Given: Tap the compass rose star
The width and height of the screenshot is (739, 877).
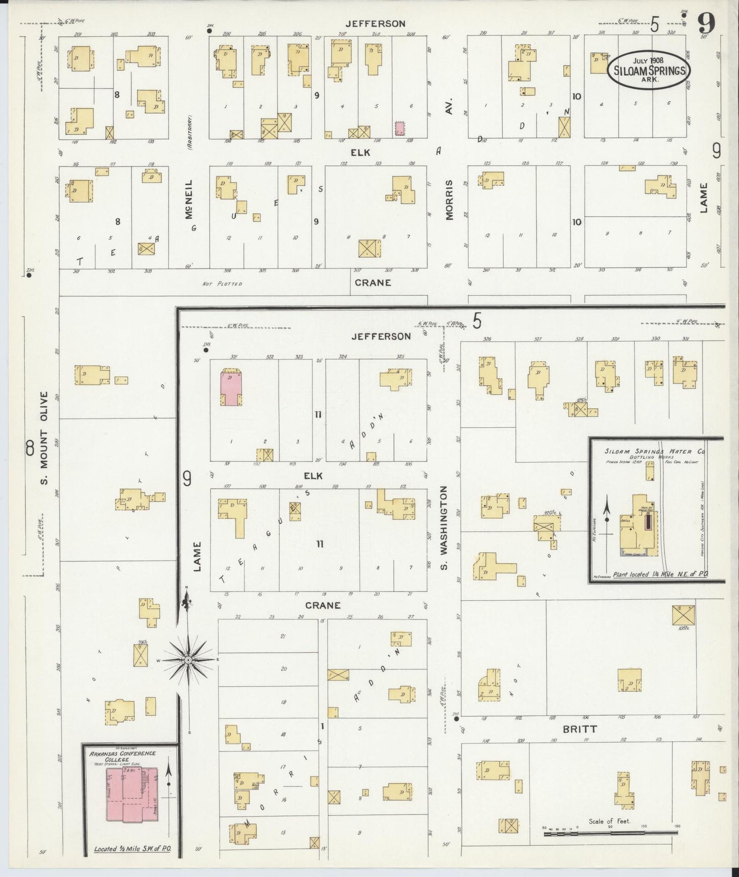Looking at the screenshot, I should (189, 661).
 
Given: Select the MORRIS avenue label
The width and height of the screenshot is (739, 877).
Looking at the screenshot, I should (449, 200).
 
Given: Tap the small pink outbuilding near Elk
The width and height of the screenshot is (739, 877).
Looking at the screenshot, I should (400, 128).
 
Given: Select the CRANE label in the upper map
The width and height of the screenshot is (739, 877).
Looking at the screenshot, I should (373, 282).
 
